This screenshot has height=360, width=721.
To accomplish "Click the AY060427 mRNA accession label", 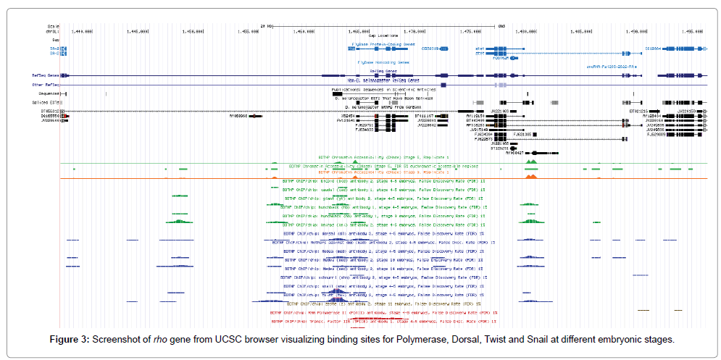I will [513, 153].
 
